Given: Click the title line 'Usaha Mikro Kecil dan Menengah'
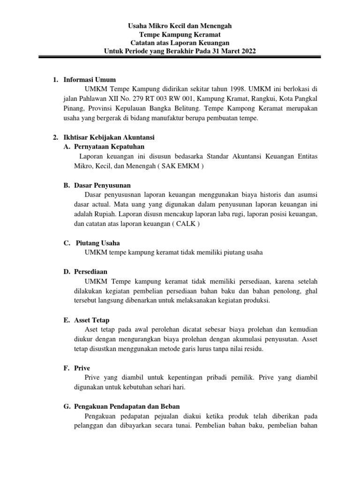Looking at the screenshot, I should tap(180, 26).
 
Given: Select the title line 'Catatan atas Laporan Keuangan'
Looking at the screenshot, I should tap(180, 43).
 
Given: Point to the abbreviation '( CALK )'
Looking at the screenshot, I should tap(185, 224).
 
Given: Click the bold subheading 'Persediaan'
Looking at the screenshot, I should tap(90, 271).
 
